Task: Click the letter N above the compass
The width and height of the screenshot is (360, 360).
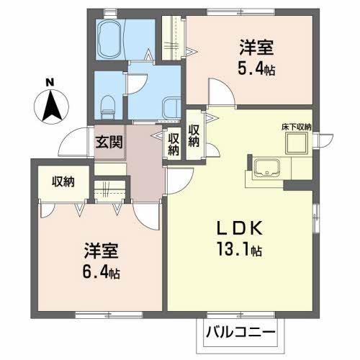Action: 50,83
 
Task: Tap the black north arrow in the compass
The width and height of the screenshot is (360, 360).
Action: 51,106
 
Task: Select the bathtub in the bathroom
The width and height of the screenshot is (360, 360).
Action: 111,40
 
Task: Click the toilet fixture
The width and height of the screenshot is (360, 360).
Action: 107,107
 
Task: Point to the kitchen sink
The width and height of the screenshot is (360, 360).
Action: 266,167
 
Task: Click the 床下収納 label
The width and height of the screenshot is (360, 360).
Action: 297,127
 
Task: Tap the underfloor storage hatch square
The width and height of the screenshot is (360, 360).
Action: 297,143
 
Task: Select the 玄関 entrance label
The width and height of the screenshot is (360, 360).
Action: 109,142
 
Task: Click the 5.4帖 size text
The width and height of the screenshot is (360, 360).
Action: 256,68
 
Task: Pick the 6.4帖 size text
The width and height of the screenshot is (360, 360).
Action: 101,272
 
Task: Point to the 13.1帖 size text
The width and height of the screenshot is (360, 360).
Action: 239,249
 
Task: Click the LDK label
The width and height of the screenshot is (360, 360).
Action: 240,228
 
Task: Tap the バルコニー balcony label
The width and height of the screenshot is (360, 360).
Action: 240,333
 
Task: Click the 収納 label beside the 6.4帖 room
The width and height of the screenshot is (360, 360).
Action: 63,182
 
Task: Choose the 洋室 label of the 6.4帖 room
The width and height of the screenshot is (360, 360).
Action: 101,251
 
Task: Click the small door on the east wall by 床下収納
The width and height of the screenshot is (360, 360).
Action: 324,140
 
